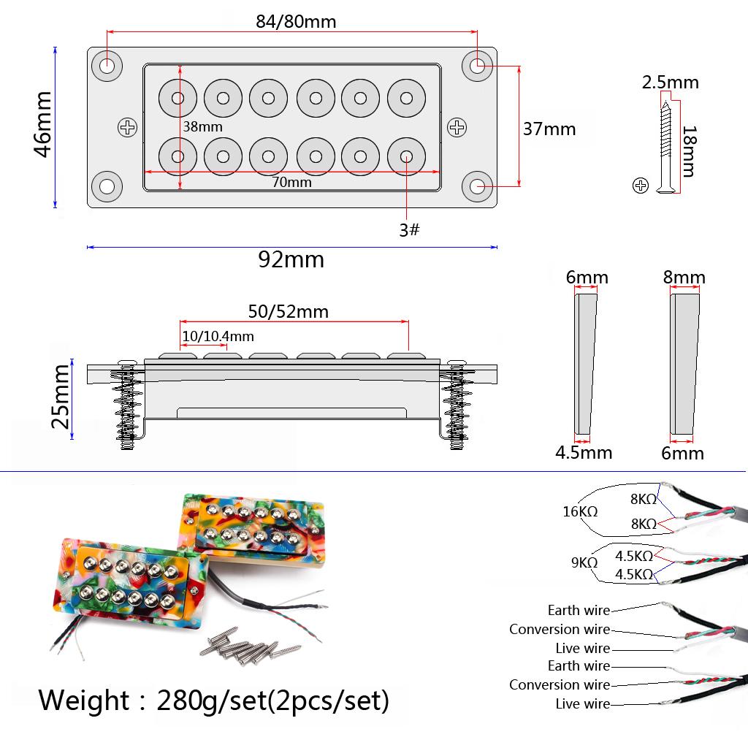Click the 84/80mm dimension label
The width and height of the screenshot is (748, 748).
(296, 21)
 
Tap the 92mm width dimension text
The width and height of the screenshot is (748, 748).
(291, 259)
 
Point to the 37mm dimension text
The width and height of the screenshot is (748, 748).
(549, 129)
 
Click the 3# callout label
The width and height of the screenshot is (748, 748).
(409, 230)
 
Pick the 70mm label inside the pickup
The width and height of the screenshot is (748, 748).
(291, 183)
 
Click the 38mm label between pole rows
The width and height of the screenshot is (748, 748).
(202, 126)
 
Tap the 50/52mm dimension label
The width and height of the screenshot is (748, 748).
(288, 312)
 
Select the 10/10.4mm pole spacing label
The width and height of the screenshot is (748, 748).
(218, 336)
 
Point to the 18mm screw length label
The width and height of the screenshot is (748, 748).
(687, 151)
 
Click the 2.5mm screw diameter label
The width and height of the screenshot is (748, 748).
(670, 82)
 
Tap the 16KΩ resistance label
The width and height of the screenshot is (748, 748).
(580, 511)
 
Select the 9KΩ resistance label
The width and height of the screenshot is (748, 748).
(584, 562)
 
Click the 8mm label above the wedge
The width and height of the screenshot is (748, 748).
(684, 278)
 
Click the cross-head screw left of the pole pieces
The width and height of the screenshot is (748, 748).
(128, 128)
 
